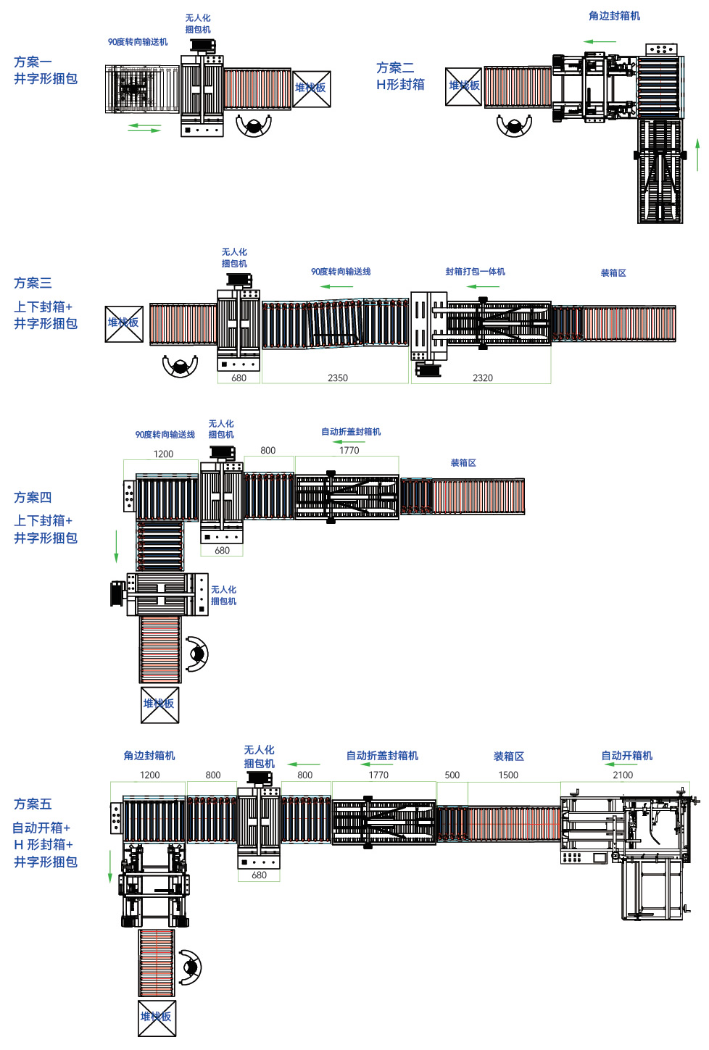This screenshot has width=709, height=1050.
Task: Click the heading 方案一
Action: [33, 62]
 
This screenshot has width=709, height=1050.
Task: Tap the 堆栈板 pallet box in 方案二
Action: [463, 86]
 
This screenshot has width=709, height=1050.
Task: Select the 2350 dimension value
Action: [338, 378]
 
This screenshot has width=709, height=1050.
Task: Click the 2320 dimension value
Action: [483, 378]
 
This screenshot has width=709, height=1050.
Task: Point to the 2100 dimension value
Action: [623, 775]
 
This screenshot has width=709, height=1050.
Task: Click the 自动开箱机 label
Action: [626, 756]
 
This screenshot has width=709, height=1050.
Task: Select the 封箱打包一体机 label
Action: [475, 272]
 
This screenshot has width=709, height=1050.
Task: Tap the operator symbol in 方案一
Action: [254, 126]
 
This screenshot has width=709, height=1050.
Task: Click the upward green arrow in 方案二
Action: [697, 154]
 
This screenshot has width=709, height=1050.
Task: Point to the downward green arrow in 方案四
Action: [116, 546]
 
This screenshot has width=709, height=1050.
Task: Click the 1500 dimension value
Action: [508, 775]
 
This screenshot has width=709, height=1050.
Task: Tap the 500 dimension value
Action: [452, 775]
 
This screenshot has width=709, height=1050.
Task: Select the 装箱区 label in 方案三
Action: [613, 273]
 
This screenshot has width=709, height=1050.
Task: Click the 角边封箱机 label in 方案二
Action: [614, 16]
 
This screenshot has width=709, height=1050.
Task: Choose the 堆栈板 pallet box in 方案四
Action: [159, 704]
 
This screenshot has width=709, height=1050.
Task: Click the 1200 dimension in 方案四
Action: [163, 454]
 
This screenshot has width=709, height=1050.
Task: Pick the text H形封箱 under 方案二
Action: [400, 85]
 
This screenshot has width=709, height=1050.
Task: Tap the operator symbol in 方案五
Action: [191, 967]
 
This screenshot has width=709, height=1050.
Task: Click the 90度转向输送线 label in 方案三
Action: [341, 272]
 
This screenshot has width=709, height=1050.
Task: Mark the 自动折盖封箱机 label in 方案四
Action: [351, 432]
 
